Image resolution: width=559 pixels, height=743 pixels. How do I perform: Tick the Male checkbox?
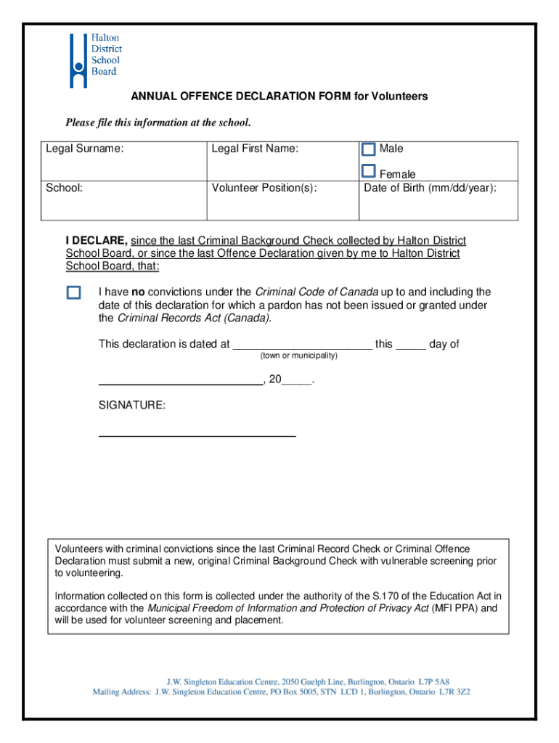pos(369,149)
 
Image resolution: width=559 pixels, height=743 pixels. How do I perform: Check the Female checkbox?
pos(369,172)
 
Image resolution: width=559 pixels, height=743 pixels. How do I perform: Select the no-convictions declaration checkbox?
pos(73,292)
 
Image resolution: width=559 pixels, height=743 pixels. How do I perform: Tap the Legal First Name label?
pos(255,149)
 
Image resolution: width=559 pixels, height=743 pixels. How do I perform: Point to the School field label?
pos(64,188)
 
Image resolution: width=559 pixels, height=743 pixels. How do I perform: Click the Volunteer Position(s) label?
pos(264,188)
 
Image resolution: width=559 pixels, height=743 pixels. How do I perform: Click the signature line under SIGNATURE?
pos(197,435)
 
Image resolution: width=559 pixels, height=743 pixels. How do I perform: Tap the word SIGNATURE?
pos(131,406)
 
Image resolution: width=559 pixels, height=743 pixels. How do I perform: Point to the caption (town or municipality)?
pos(298,356)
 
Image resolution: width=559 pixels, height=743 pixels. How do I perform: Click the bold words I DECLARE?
pos(97,240)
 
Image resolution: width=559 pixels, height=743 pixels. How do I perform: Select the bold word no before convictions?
pos(137,292)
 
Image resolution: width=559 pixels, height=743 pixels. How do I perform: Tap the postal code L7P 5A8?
pos(433,682)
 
